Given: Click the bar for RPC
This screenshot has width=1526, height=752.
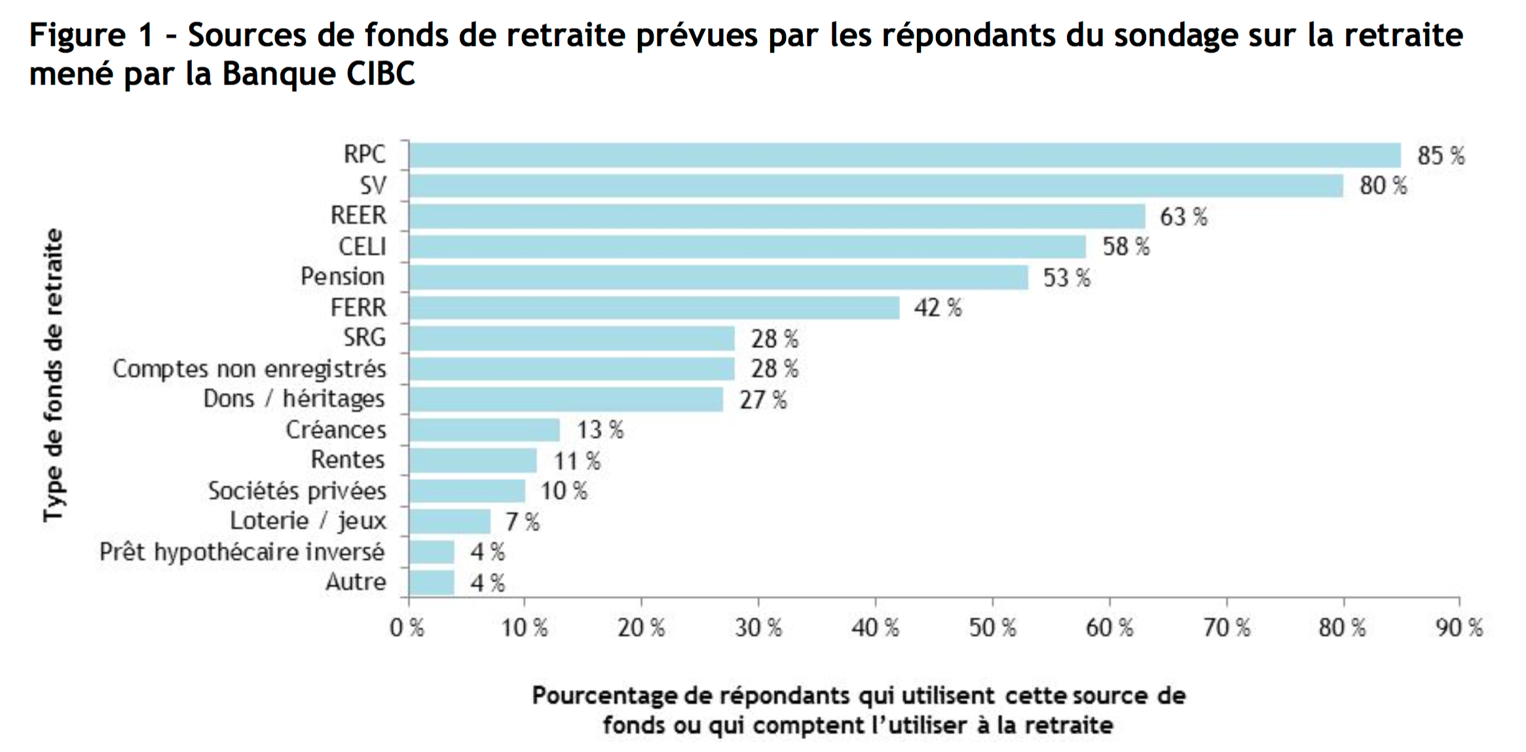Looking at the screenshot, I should coord(904,155).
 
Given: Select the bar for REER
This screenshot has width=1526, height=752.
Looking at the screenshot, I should coord(777,216).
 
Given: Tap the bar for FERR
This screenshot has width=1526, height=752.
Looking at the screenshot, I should coord(654,307).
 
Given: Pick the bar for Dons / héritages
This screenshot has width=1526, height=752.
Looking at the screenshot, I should coord(566,399).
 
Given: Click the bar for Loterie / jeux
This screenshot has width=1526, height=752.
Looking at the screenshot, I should coord(449,521).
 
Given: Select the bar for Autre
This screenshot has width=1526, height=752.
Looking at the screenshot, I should coord(432,582).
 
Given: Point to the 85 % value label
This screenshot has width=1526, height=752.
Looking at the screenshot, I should coord(1440,156).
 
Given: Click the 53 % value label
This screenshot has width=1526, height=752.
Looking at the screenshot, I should coord(1066,278).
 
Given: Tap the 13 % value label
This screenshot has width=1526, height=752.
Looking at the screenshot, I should coord(599,430).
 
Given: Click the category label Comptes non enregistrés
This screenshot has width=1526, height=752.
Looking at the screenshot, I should coord(250,369).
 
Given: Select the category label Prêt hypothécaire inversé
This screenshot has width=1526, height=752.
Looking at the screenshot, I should coord(242,552).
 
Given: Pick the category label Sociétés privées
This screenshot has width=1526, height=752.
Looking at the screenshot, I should coord(297,491).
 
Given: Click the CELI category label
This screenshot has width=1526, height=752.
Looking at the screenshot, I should coord(362,247).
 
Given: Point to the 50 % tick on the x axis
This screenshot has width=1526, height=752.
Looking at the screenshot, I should coord(992,628).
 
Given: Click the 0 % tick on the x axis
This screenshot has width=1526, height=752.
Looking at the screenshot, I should coord(407,628).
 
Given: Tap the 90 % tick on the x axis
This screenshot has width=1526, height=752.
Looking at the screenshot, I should coord(1459,628).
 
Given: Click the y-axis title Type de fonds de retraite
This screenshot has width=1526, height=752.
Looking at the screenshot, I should coord(54,375).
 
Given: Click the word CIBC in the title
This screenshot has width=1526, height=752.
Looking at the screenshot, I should coord(381,74).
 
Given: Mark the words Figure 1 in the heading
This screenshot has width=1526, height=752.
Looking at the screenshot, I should coord(90,35).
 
